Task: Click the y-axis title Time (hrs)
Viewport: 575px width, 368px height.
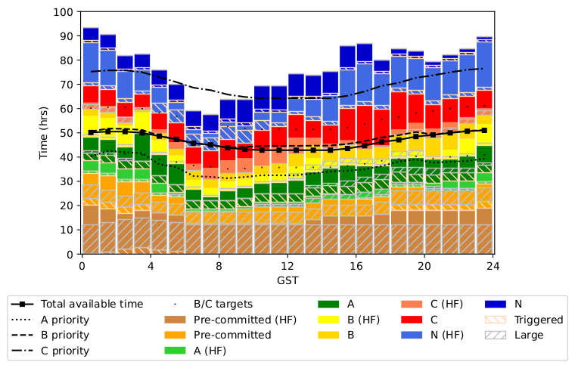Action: [43, 133]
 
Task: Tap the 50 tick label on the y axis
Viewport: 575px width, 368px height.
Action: [67, 133]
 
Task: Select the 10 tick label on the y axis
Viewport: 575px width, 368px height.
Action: [67, 230]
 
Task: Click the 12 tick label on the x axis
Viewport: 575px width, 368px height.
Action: [287, 266]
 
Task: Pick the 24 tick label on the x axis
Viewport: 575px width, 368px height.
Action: [493, 266]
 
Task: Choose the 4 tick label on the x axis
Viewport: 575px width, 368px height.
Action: [151, 266]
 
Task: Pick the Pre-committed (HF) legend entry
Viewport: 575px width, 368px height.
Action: [228, 320]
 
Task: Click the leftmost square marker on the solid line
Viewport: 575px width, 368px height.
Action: [91, 132]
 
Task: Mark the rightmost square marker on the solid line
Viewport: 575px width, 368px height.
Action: [484, 130]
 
